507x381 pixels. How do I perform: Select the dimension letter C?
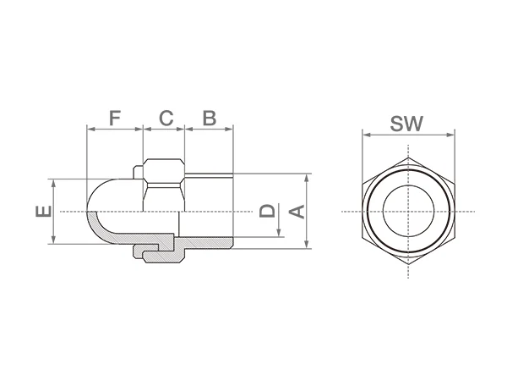point(166,117)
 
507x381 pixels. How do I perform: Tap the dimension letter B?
point(210,117)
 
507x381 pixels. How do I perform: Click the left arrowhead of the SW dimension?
point(364,133)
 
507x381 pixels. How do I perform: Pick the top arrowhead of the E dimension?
point(53,181)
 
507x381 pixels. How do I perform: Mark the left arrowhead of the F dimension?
point(90,130)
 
